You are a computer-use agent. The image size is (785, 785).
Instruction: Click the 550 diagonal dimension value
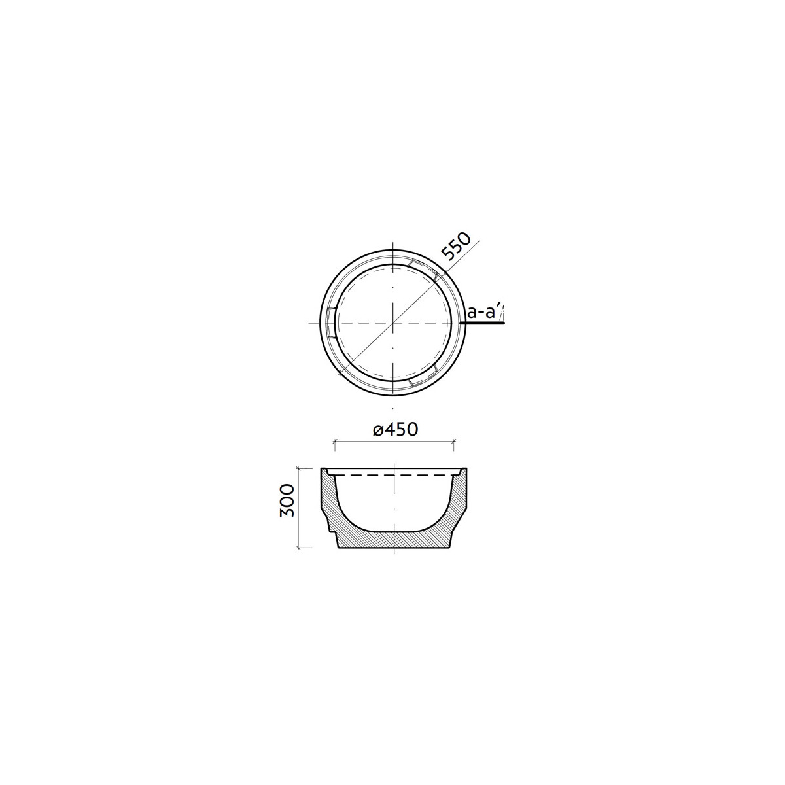point(456,247)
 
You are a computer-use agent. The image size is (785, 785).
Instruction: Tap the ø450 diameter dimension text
point(395,429)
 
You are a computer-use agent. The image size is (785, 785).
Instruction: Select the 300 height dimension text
point(287,500)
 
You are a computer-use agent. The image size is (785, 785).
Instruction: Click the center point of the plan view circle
point(392,323)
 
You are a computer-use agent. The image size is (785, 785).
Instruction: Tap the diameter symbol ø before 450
point(378,430)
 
